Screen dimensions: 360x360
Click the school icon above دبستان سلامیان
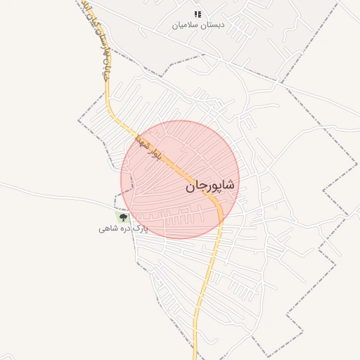[x=198, y=14]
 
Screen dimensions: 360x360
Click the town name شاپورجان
[x=212, y=186]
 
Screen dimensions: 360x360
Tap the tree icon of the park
[x=124, y=218]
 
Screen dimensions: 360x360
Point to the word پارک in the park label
[x=141, y=229]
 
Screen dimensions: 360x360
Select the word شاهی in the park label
[x=108, y=229]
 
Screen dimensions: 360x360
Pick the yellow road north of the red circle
[x=110, y=105]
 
